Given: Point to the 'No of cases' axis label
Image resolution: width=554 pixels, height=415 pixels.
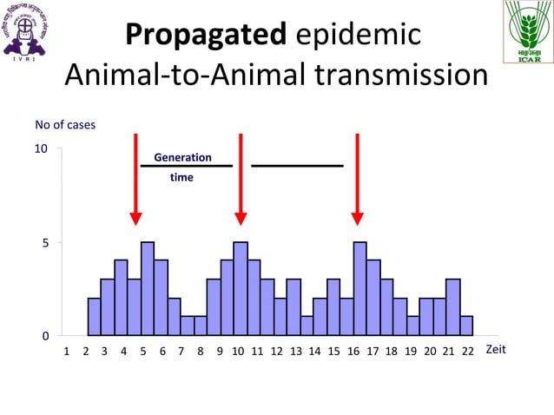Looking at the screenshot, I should (x=65, y=124).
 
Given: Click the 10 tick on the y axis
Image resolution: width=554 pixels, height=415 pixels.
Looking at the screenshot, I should (x=41, y=148).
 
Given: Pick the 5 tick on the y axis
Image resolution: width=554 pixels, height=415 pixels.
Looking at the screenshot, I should (x=44, y=243).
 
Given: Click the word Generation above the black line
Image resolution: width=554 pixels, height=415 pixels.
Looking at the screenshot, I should (x=182, y=157).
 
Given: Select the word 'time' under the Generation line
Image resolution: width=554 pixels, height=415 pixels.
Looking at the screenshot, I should (x=181, y=177).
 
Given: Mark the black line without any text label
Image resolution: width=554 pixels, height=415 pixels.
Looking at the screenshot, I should (x=297, y=165).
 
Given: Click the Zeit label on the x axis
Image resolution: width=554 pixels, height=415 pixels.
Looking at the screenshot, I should (x=495, y=349).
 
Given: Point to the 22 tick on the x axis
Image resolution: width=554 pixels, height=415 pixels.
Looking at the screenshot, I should (x=467, y=352).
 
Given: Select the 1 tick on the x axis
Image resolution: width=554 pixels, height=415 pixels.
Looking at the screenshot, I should (x=68, y=352).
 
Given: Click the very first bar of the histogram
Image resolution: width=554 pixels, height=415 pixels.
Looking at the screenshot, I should (x=95, y=317).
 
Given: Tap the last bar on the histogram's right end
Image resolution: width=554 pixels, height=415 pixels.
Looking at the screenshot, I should (x=466, y=326).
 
